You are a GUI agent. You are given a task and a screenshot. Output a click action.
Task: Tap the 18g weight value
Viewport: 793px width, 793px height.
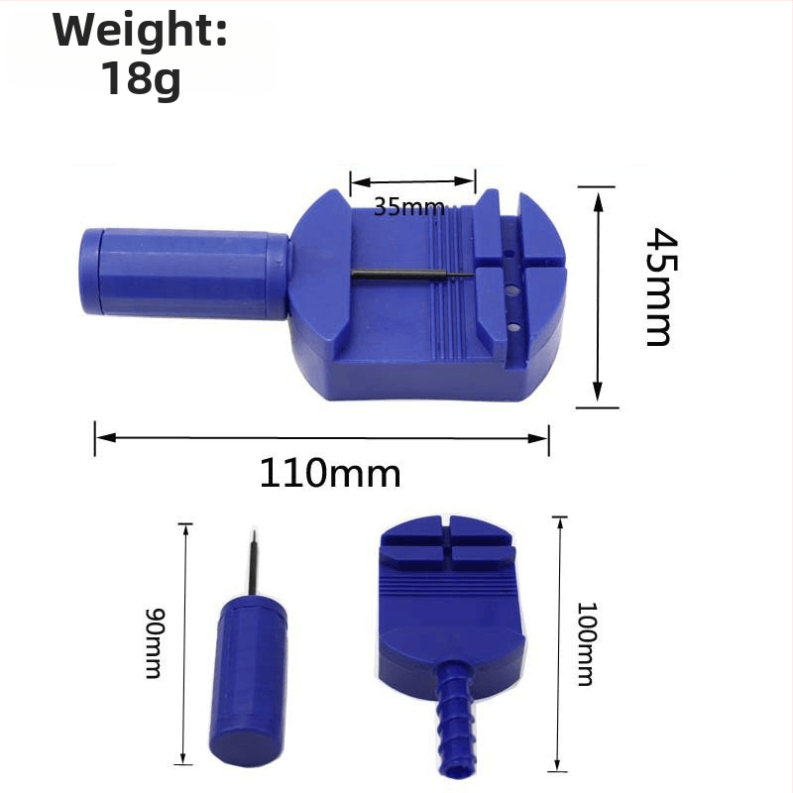tap(141, 78)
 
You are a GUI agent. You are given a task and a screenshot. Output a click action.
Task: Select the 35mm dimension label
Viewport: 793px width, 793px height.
tap(409, 207)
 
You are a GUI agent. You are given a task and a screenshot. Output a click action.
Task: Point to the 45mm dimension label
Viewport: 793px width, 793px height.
tap(661, 286)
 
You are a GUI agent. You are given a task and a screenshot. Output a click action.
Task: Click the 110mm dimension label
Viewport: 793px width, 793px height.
tap(330, 474)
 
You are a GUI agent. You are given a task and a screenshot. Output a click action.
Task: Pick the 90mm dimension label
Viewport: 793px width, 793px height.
tap(156, 642)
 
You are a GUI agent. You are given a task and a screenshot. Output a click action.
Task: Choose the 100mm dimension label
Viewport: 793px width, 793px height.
tap(587, 643)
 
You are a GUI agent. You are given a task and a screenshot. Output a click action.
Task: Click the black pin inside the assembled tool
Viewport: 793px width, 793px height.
tap(412, 276)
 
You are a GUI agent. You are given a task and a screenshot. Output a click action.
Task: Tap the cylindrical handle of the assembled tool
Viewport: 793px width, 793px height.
tap(184, 274)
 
